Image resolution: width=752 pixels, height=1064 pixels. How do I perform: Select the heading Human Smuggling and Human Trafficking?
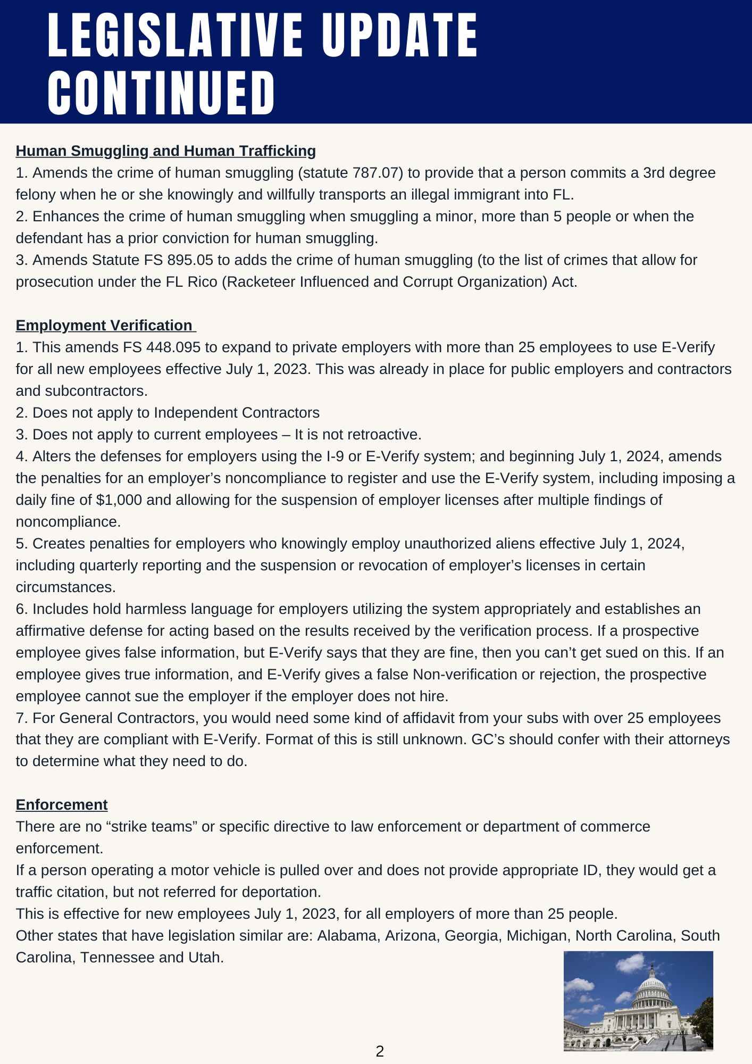tap(165, 151)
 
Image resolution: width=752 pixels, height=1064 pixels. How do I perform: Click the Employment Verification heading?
tap(104, 326)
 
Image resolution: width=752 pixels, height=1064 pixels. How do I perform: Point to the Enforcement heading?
tap(62, 805)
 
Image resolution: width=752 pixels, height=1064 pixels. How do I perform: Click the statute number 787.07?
tap(376, 173)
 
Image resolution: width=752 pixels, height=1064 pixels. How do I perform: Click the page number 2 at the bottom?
tap(380, 1051)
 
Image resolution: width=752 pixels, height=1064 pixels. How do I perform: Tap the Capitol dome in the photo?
tap(653, 988)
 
